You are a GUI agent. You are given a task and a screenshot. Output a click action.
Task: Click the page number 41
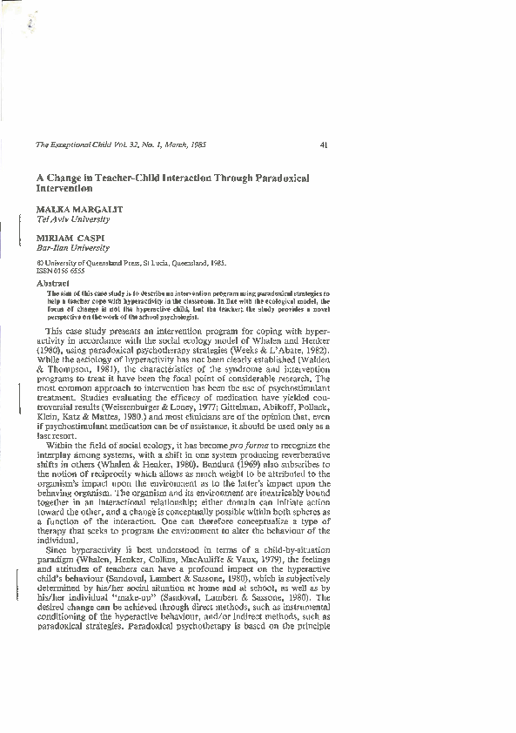tap(324, 145)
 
